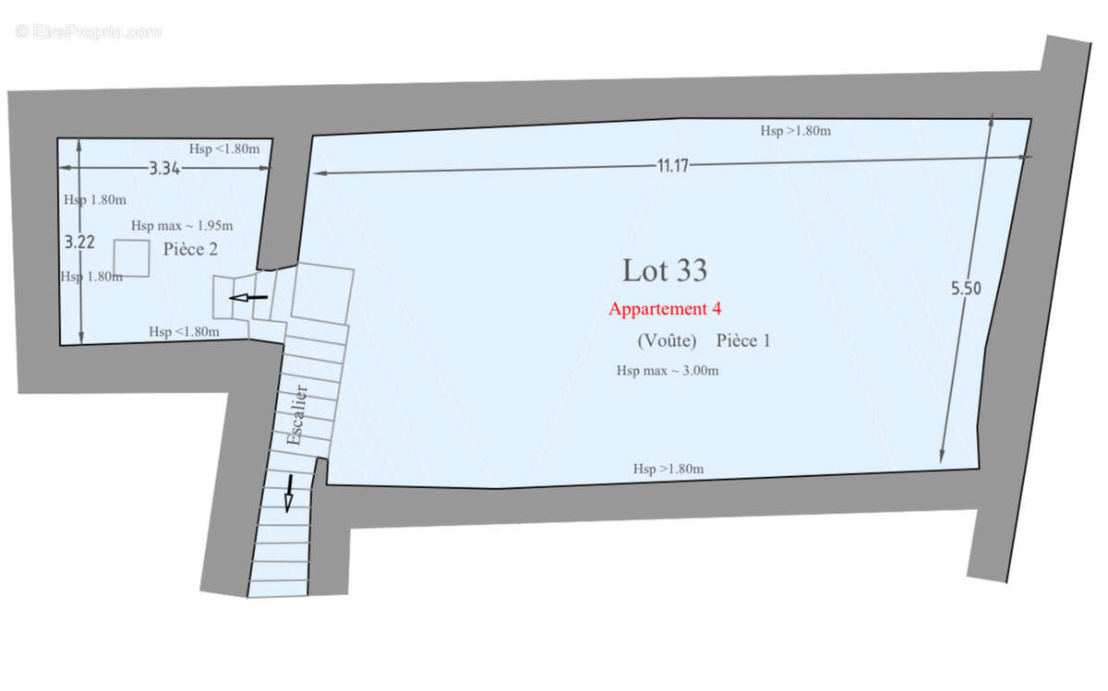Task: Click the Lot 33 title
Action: click(664, 270)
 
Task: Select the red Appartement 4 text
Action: click(665, 309)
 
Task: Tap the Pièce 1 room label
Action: click(743, 340)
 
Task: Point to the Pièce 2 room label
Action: click(190, 249)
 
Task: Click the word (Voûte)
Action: click(667, 340)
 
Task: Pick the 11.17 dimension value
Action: click(673, 165)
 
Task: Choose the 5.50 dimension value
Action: click(966, 288)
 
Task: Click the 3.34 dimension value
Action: click(164, 169)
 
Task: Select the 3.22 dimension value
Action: click(79, 243)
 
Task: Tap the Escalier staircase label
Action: click(296, 415)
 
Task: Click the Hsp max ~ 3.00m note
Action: click(668, 371)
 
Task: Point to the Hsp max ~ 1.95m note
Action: click(182, 226)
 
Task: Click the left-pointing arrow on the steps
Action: click(248, 298)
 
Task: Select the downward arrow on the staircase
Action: click(289, 494)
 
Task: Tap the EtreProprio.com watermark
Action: click(88, 32)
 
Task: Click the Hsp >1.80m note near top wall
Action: click(795, 131)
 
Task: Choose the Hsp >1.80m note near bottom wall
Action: click(668, 469)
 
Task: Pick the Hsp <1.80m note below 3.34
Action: click(224, 149)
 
